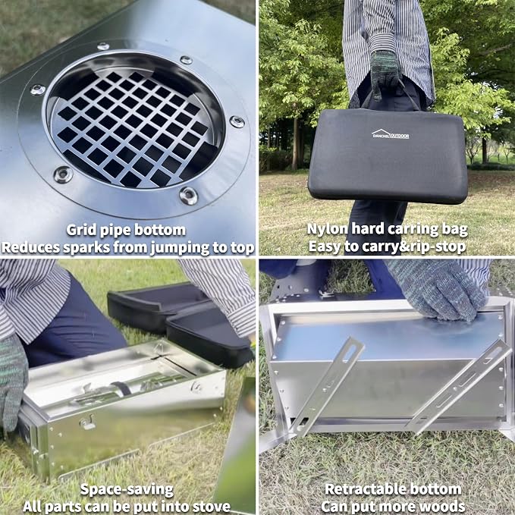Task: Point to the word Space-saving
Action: click(127, 490)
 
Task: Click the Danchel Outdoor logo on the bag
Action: click(390, 133)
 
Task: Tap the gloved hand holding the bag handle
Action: click(385, 74)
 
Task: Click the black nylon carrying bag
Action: click(388, 155)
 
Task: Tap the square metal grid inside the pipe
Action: click(133, 128)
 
